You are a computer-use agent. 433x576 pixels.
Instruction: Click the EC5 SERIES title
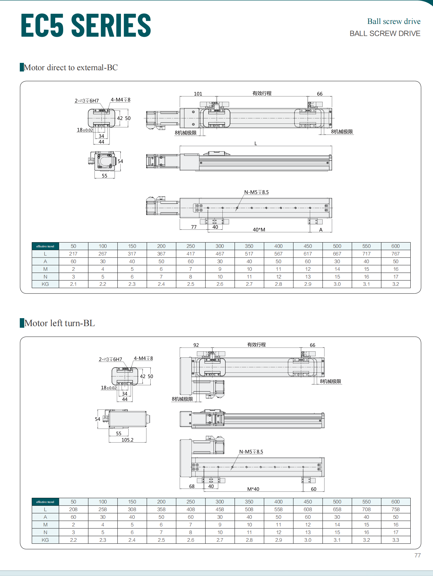coord(86,25)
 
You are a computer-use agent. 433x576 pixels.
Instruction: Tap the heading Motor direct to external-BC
coord(71,67)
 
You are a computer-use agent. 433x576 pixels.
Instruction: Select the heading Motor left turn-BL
coord(59,323)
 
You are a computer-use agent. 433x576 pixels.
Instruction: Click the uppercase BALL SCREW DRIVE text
coord(385,34)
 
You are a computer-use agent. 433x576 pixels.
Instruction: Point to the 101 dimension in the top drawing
coord(198,94)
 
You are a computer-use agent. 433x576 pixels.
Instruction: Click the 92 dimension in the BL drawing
coord(196,345)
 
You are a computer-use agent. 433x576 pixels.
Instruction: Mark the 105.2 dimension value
coord(127,440)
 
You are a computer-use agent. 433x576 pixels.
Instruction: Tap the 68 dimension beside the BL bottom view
coord(192,486)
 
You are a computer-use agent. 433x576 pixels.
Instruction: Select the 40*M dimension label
coord(259,229)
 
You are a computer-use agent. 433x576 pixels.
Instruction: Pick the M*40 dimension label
coord(253,489)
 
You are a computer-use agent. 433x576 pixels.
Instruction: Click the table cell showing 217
coord(73,254)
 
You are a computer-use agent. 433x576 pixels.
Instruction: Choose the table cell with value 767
coord(396,254)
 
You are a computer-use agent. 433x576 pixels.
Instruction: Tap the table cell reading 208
coord(73,509)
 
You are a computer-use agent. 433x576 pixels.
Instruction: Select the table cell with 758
coord(396,509)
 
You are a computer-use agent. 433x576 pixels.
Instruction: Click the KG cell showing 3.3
coord(396,540)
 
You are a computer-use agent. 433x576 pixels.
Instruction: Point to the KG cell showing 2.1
coord(73,284)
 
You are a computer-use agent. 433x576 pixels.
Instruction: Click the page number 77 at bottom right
coord(417,555)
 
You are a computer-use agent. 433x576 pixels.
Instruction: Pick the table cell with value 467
coord(220,254)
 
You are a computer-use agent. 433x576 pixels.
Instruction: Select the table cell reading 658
coord(337,509)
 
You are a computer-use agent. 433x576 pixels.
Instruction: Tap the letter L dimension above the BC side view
coord(256,144)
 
